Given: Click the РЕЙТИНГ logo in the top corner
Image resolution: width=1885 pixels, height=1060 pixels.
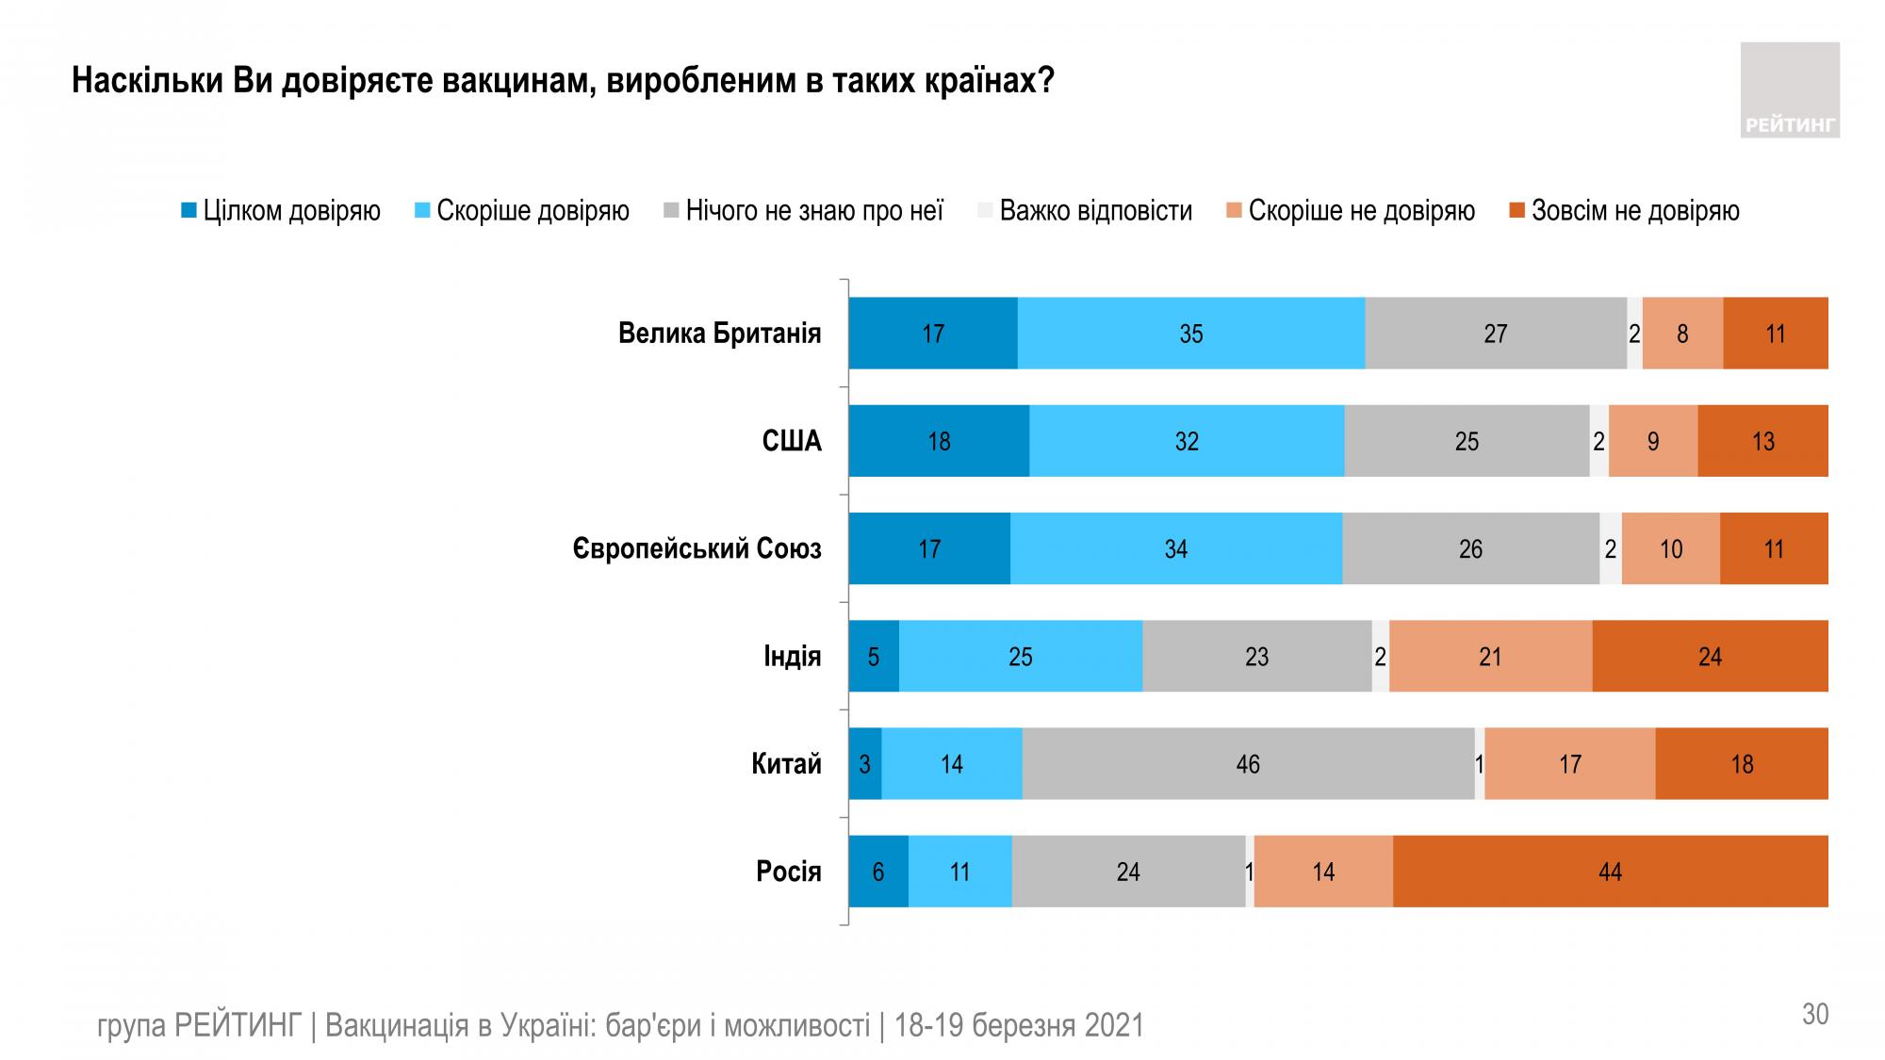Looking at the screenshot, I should tap(1789, 90).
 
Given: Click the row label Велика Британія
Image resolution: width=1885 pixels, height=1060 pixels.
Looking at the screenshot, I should tap(719, 334).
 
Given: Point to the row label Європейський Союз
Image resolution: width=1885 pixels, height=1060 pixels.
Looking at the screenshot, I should tap(697, 549).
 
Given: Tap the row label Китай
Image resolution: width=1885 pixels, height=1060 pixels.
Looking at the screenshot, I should tap(786, 764).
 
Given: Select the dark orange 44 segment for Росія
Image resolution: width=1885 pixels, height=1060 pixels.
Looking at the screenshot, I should tap(1610, 872).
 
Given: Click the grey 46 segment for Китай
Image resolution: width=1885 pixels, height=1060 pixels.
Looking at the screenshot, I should tap(1248, 764).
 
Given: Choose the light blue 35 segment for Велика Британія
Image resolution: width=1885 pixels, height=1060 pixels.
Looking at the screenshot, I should tap(1190, 334).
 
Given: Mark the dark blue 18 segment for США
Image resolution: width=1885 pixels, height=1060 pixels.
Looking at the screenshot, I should tap(939, 441).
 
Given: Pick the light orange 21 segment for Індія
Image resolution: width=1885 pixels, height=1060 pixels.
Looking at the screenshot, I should tap(1490, 657).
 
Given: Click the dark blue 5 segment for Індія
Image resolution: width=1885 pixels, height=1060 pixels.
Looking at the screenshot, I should tap(874, 657).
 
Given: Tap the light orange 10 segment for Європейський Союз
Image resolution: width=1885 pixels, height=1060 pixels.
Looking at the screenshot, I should tap(1670, 549).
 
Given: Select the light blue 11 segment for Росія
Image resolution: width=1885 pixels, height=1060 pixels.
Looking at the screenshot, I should tap(959, 872).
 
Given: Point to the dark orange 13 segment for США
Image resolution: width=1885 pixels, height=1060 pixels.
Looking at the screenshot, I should tap(1762, 441).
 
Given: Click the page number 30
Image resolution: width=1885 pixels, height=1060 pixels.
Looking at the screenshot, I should tap(1815, 1014).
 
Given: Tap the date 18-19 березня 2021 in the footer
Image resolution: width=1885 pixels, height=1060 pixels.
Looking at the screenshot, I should tap(1019, 1025).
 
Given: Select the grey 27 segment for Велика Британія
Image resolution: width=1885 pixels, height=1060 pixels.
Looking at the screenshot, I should tap(1495, 334).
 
